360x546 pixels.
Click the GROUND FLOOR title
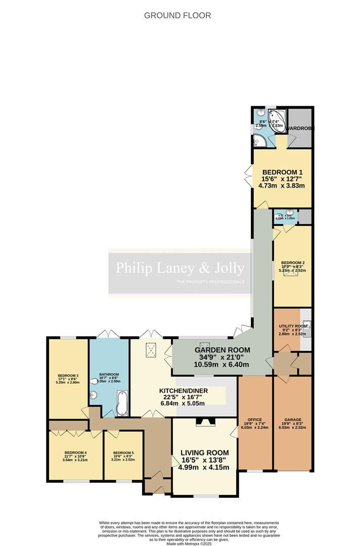177,15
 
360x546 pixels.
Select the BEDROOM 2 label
293,263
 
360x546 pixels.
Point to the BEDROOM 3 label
67,375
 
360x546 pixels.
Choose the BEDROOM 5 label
123,452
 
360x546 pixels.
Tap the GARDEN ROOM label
222,350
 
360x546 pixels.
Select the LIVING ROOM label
204,452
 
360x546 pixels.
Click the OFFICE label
255,420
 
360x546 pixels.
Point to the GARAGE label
293,420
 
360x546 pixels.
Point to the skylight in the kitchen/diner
151,349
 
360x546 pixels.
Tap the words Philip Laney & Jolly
180,268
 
